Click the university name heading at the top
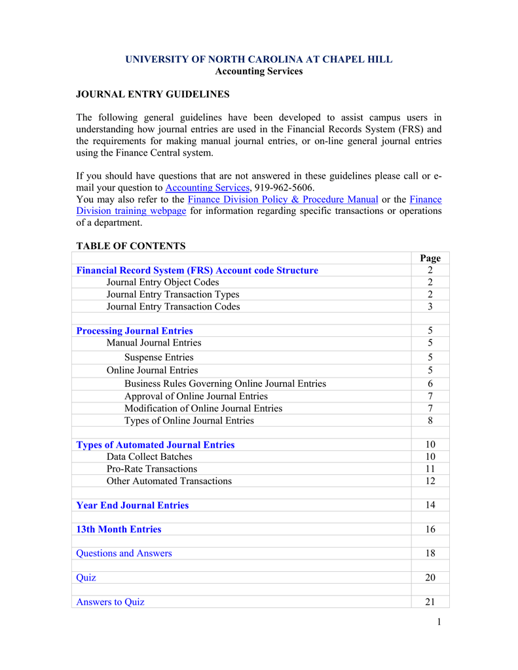coord(259,60)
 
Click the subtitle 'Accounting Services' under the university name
coord(259,71)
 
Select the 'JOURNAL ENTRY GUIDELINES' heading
coord(153,94)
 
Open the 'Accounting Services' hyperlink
coord(207,187)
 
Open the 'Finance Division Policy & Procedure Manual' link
coord(283,199)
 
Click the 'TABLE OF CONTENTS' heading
coord(131,246)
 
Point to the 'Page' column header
coord(430,258)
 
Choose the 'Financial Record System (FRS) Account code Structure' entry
coord(197,270)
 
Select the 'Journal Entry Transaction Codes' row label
coord(173,306)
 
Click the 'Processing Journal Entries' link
coord(134,330)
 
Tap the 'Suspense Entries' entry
coord(158,357)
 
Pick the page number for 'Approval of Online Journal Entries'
coord(430,396)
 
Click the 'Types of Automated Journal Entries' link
coord(155,445)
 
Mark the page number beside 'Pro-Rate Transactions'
coord(430,468)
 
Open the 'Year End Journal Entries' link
coord(132,505)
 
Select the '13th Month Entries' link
coord(119,529)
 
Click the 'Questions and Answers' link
coord(124,554)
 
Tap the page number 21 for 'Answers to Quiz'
coord(430,602)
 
